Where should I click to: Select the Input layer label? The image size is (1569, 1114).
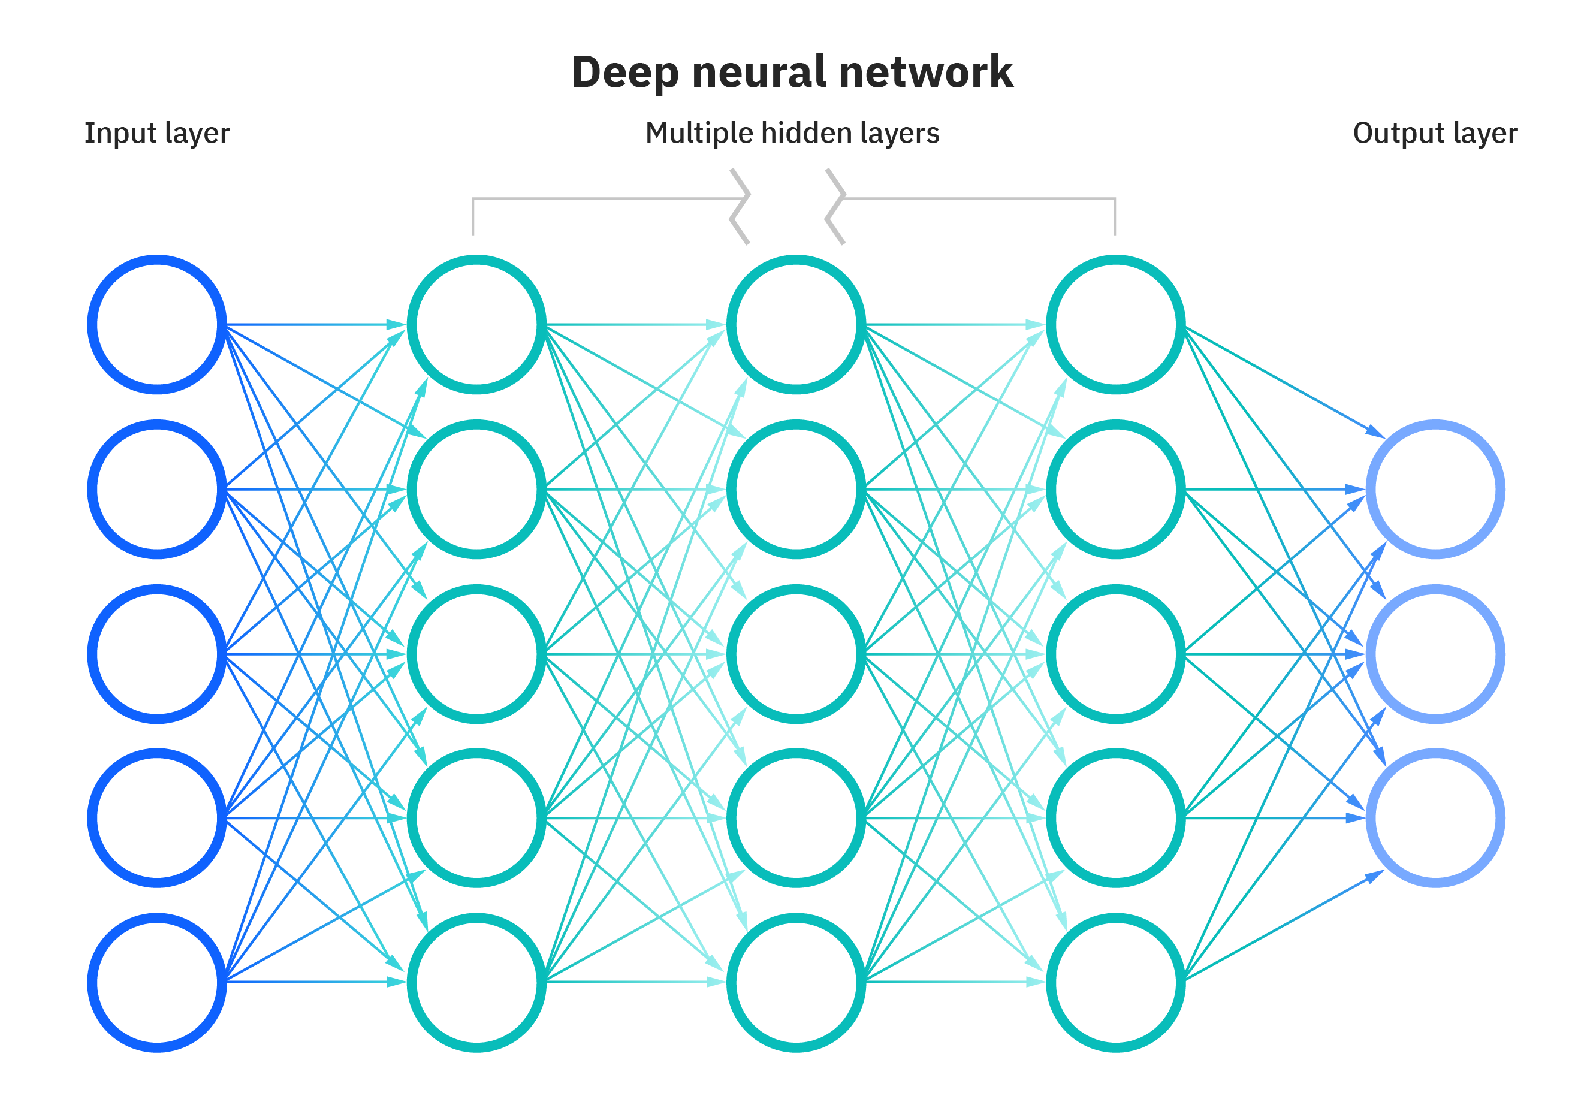[156, 133]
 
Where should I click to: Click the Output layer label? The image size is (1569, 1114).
[1435, 133]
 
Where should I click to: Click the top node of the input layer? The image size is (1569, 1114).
[157, 324]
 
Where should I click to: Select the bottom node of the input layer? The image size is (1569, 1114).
[157, 982]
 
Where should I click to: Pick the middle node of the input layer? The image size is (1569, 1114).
[157, 654]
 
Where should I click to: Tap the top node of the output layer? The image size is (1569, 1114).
[1435, 489]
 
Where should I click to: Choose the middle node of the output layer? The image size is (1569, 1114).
[1435, 654]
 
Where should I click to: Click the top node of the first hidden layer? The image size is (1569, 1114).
[477, 324]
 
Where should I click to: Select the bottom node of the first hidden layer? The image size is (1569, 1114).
[477, 982]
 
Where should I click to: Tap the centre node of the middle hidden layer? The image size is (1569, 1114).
[796, 654]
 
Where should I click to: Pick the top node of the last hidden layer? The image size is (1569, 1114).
[1115, 324]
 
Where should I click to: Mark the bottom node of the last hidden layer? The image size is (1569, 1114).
[1115, 982]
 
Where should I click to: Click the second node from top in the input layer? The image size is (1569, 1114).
[157, 489]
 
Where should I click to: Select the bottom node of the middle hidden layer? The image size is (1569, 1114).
[796, 982]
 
